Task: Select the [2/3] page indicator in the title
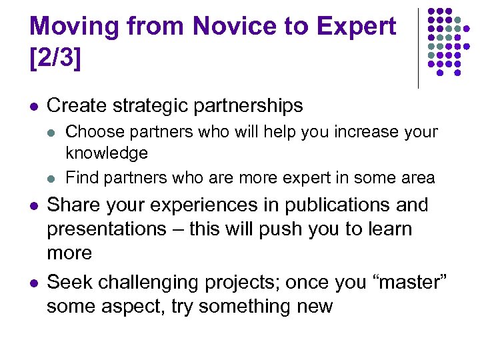tap(55, 58)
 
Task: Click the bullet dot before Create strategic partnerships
tap(33, 106)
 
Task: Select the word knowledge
tap(107, 153)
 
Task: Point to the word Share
tap(72, 205)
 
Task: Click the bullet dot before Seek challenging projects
tap(33, 283)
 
